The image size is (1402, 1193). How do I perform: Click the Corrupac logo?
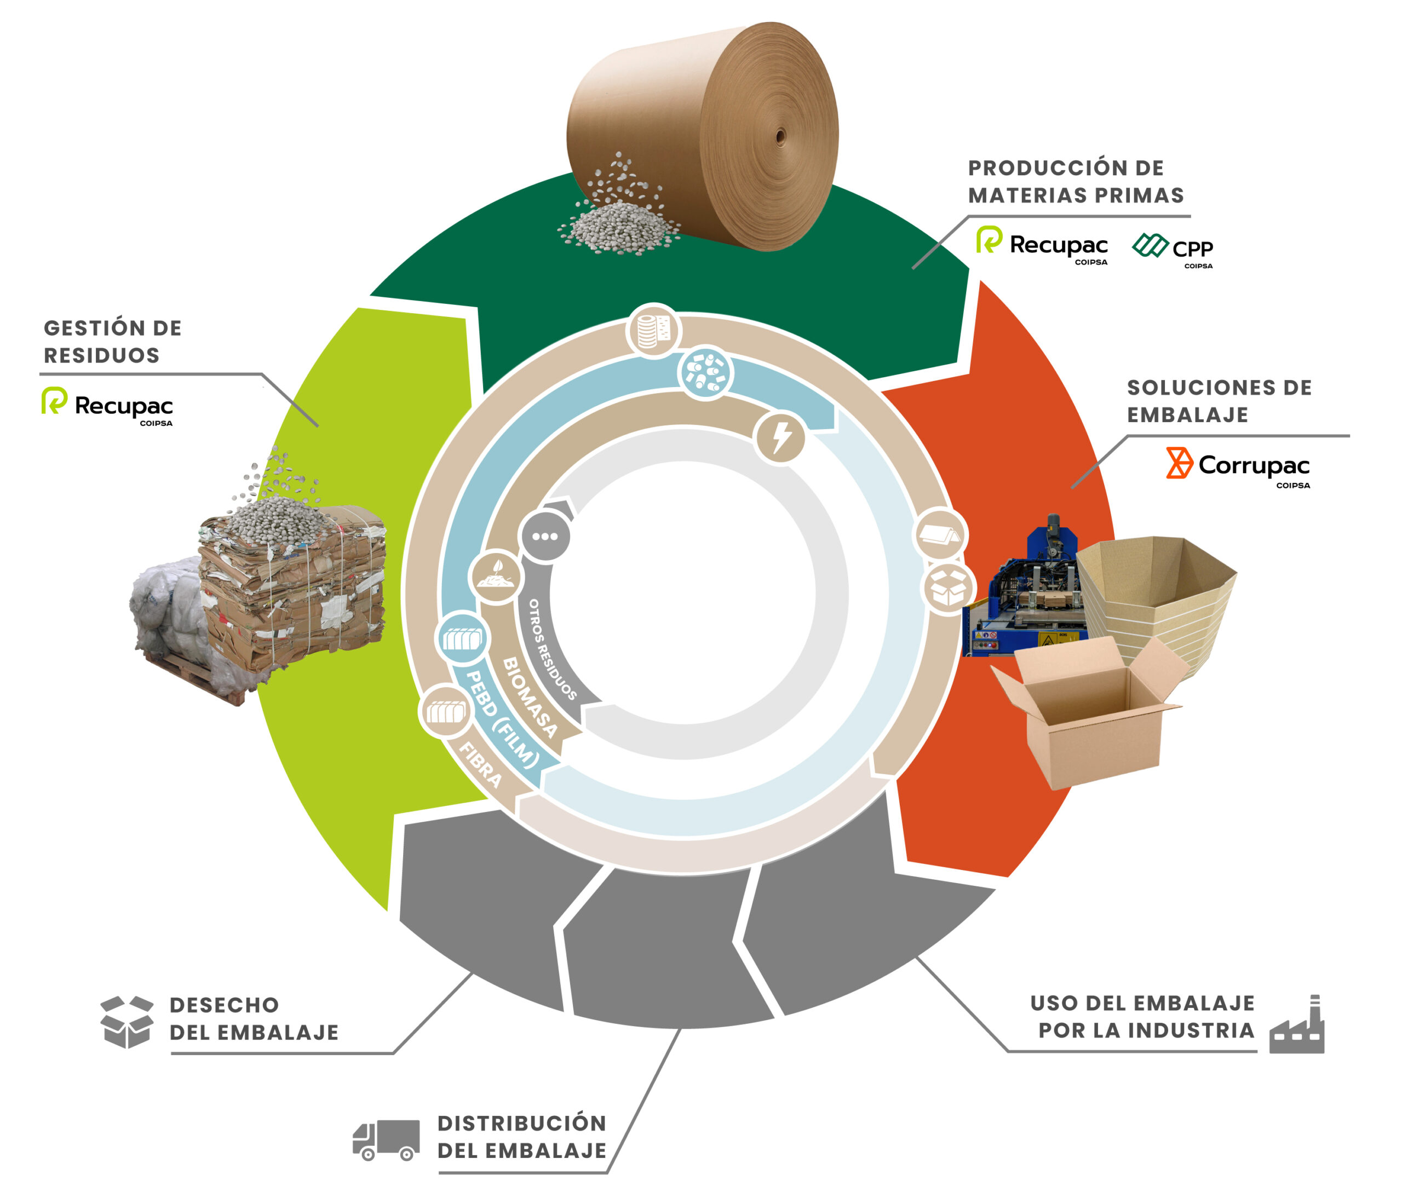point(1237,466)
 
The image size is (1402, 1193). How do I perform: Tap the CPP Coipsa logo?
point(1171,249)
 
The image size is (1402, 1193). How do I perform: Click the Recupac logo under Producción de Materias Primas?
point(1042,244)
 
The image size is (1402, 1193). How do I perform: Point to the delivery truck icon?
point(385,1139)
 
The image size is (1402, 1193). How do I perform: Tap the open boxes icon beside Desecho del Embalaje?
point(127,1021)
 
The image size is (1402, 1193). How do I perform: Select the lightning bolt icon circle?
point(780,437)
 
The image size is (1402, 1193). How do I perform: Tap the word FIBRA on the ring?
point(481,765)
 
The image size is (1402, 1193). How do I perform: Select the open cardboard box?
point(1089,717)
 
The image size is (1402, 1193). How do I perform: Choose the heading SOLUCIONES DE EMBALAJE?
point(1219,401)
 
